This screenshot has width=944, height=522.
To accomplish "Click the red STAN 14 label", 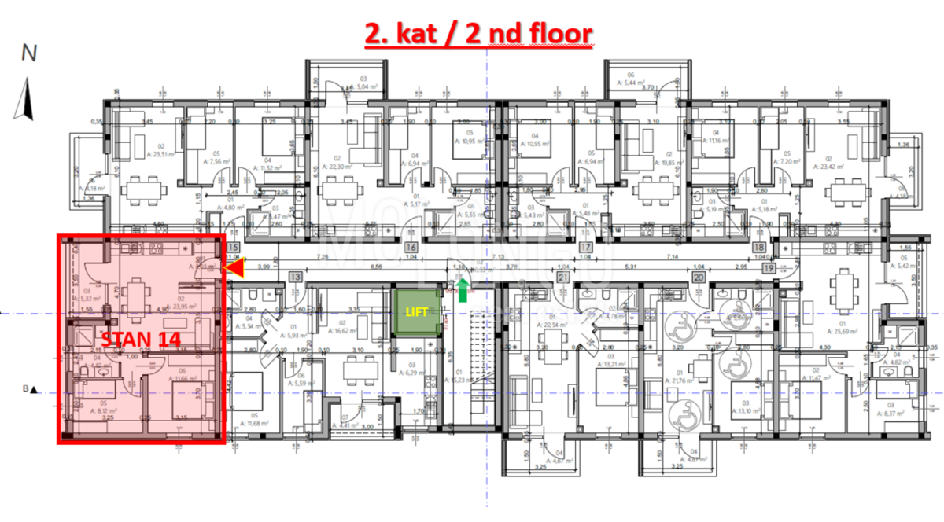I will click(x=141, y=338).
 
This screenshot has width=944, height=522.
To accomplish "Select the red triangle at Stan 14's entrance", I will click(x=234, y=270).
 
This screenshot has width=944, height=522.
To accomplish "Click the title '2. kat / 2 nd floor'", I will click(x=478, y=34).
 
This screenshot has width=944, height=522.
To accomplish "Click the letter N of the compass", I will click(x=29, y=53).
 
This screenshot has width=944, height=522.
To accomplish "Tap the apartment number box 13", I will click(x=295, y=277).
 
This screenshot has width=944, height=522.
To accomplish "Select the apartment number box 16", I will click(x=411, y=248).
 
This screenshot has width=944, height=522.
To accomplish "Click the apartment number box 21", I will click(x=562, y=277).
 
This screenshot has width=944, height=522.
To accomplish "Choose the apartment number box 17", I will click(x=584, y=248).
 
